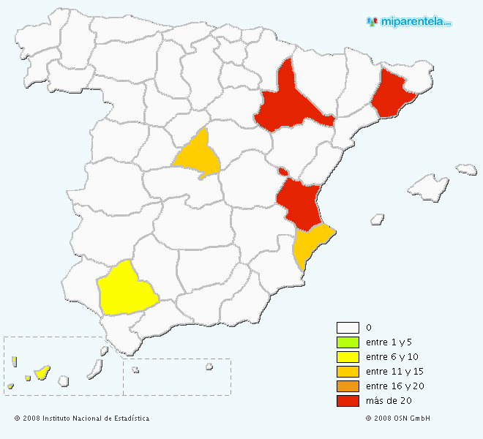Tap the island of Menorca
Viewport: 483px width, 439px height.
466,169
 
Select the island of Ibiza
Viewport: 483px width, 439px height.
378,218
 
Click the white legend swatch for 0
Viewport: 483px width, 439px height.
348,328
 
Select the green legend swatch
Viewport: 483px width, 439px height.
348,342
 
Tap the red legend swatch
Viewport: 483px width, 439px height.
348,401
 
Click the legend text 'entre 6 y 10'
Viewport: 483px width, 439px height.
392,357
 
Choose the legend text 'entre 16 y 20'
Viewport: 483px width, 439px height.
394,386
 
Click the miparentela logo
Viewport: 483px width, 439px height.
409,21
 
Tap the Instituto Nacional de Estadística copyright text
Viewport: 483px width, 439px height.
81,419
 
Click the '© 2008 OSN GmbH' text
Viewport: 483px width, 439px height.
397,419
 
